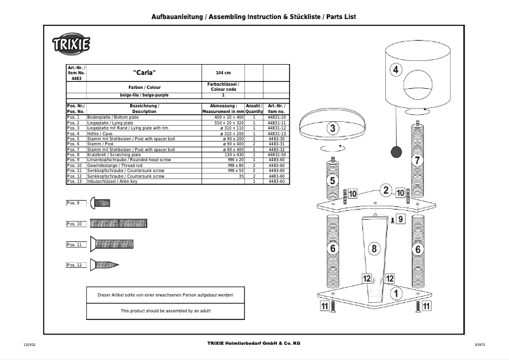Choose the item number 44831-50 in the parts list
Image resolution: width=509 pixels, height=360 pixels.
point(277,154)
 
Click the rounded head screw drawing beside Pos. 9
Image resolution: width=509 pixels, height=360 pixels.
point(100,203)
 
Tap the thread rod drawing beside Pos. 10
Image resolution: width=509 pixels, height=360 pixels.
point(119,223)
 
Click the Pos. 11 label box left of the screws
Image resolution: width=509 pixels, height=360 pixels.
point(74,244)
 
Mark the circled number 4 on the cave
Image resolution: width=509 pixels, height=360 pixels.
point(396,70)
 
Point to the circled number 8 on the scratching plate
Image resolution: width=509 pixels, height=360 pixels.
point(374,248)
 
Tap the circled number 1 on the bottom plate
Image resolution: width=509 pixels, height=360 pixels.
point(396,294)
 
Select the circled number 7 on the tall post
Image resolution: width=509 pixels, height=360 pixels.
point(417,161)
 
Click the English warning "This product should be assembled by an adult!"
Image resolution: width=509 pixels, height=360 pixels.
point(166,311)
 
